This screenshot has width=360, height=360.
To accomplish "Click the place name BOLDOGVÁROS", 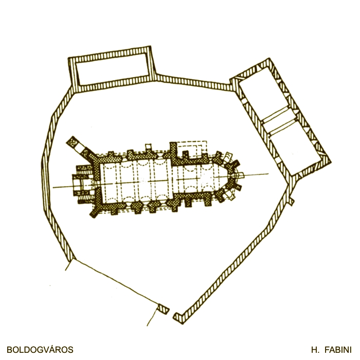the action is (40, 350).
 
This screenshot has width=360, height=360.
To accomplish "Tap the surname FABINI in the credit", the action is (338, 350).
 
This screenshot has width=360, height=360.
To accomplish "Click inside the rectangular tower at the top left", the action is (113, 69).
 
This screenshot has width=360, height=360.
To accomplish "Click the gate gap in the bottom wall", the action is (171, 312).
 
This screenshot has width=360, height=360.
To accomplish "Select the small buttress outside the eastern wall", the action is (291, 201).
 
